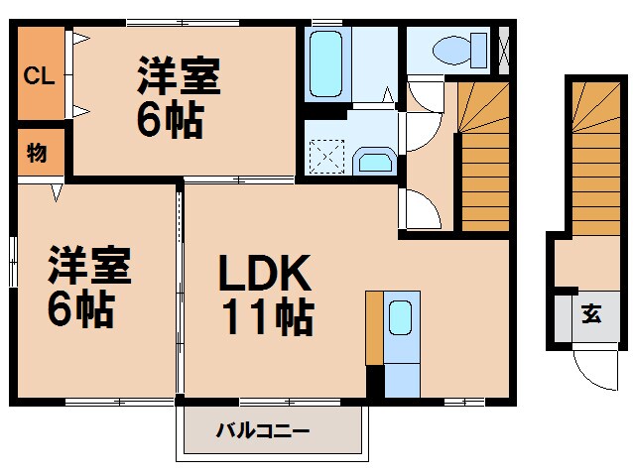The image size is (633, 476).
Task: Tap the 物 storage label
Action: (37, 153)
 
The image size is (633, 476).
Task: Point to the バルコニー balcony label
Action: (262, 431)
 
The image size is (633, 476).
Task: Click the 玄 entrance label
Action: (591, 316)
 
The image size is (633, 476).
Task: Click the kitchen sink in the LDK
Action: (400, 318)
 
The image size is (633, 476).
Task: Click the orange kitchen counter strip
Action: (373, 328)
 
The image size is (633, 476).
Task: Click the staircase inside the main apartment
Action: (482, 159)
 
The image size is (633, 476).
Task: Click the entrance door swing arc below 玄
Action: (593, 372)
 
